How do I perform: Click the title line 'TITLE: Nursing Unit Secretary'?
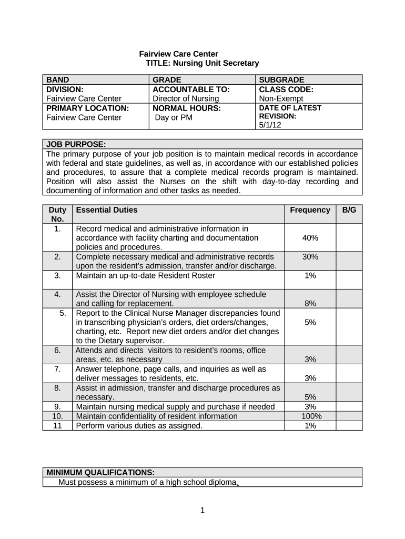click(202, 63)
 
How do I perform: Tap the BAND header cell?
click(58, 79)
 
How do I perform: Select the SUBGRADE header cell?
click(281, 79)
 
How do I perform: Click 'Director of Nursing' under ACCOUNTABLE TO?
click(185, 98)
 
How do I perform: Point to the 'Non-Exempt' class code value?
click(281, 98)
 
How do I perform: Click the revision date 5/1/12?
click(270, 125)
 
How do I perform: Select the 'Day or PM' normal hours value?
click(174, 117)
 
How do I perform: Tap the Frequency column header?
click(310, 210)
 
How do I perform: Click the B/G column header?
click(349, 210)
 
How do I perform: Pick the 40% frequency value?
click(310, 238)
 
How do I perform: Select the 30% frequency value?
click(310, 257)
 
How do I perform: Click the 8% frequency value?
click(310, 304)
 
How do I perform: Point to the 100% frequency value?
click(310, 416)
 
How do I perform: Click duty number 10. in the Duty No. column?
click(57, 416)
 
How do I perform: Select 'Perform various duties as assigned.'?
click(139, 426)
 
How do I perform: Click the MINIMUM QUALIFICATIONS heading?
click(100, 472)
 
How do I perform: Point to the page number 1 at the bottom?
click(202, 510)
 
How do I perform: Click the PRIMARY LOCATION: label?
click(87, 108)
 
